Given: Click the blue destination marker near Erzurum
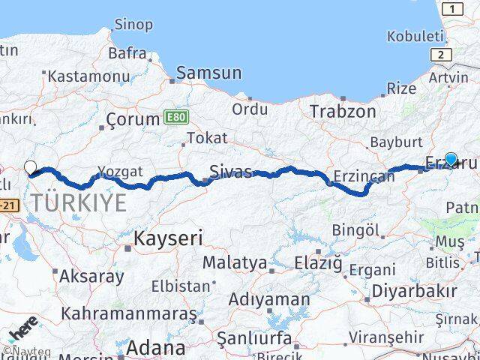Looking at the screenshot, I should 451,159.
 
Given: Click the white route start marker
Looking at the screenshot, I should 30,166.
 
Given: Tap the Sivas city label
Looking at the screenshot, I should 230,170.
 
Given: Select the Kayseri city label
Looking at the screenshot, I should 169,238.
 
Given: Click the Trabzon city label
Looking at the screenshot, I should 343,111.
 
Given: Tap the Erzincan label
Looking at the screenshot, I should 364,176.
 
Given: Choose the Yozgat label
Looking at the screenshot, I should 119,172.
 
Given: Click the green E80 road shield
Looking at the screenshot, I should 174,118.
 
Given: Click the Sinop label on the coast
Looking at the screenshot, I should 133,25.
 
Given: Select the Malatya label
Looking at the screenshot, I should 235,263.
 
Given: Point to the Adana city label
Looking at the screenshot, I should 155,348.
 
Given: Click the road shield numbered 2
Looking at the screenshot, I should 440,54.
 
